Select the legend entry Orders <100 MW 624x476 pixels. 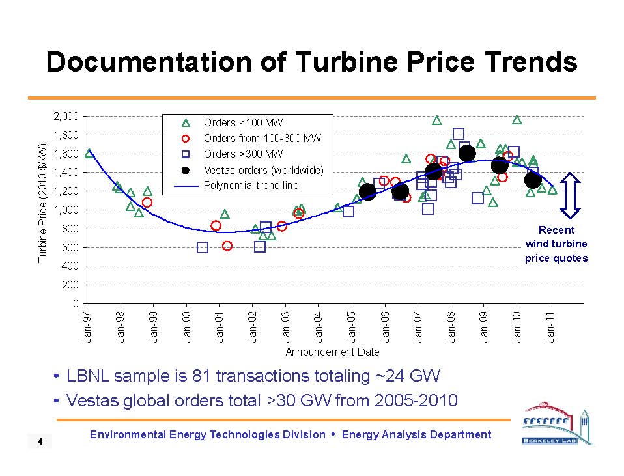pos(243,122)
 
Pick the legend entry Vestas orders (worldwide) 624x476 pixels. pos(263,170)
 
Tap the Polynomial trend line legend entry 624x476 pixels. pos(251,186)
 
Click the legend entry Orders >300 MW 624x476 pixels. pos(243,154)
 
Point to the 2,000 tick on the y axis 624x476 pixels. pos(66,117)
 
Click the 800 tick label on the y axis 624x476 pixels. pos(70,229)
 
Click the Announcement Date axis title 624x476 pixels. pos(332,352)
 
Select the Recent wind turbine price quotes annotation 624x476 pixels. pos(556,244)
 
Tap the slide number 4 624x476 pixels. pos(40,443)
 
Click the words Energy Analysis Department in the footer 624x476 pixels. pos(416,434)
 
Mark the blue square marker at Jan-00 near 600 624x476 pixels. pos(203,247)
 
